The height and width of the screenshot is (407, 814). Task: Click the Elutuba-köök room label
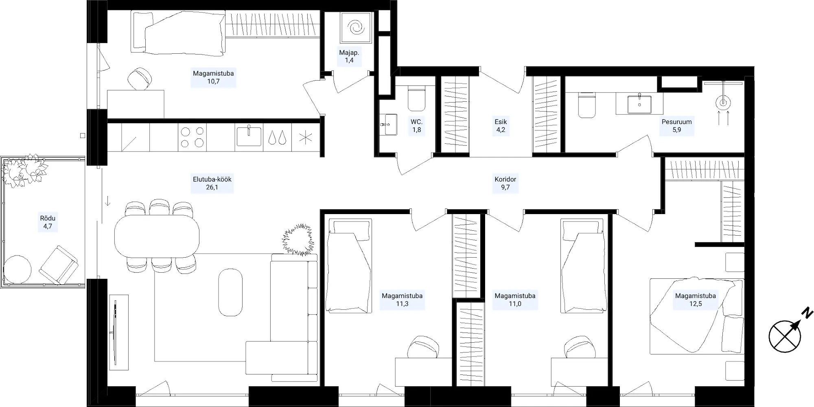(212, 183)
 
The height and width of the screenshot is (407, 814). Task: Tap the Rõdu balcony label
(48, 222)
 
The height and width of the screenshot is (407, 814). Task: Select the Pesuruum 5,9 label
(676, 126)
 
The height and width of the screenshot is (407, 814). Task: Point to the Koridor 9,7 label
(505, 183)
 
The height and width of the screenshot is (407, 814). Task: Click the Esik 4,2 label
(501, 126)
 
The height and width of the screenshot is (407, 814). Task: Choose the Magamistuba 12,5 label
(695, 300)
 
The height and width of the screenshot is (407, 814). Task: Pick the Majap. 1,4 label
(349, 56)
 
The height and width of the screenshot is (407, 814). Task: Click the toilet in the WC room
(416, 98)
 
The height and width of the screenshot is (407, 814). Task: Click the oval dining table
(157, 236)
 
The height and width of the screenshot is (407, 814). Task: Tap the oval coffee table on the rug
(230, 292)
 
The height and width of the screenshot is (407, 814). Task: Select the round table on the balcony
(17, 269)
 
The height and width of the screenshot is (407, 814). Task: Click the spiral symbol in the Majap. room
(356, 28)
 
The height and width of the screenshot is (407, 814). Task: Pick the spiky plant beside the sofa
(299, 240)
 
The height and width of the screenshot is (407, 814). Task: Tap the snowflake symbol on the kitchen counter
(305, 137)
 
